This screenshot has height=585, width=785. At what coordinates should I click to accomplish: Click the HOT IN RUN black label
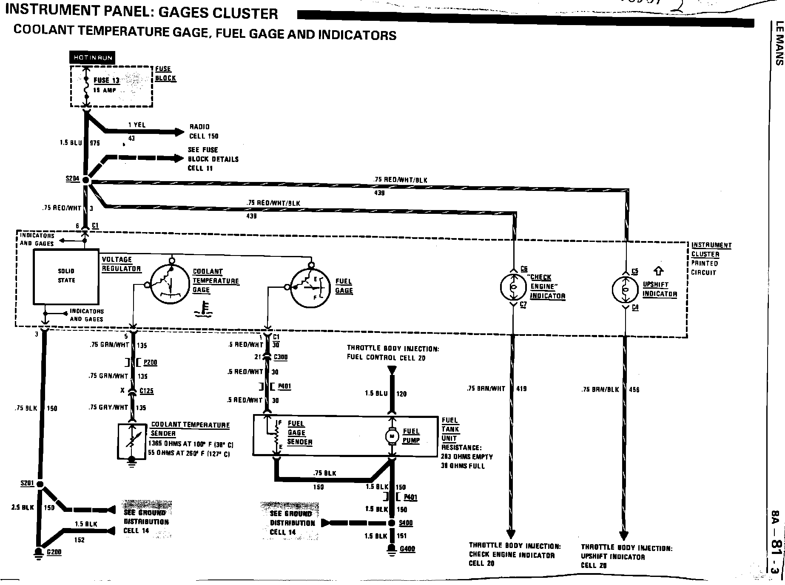[x=93, y=57]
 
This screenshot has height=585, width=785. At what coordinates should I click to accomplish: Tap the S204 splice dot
[x=86, y=180]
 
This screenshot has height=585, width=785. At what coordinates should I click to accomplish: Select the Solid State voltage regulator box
[x=66, y=276]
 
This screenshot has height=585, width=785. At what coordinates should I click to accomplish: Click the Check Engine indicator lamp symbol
[x=513, y=287]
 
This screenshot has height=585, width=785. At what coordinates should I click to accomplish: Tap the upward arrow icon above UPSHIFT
[x=659, y=270]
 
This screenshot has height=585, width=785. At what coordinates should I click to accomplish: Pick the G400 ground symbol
[x=392, y=548]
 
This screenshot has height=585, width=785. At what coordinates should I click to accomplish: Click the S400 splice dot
[x=392, y=523]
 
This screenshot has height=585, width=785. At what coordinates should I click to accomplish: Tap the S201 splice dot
[x=40, y=484]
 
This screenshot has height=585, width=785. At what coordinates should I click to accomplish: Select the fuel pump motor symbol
[x=391, y=436]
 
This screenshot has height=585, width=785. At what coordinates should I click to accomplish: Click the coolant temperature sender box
[x=132, y=441]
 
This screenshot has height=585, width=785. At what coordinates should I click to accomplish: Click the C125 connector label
[x=147, y=391]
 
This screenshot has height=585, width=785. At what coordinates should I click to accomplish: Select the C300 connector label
[x=280, y=357]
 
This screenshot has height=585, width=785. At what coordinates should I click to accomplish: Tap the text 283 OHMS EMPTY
[x=467, y=457]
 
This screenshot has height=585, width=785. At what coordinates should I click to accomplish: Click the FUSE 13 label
[x=106, y=80]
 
